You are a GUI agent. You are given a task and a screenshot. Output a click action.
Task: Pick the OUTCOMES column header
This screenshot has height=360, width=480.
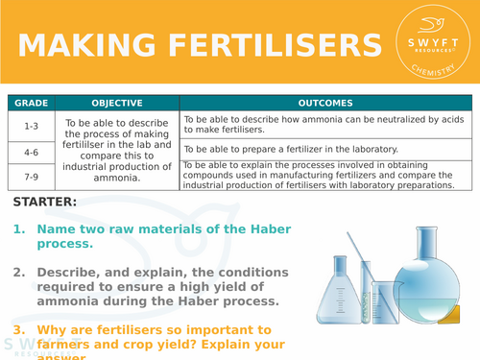pos(325,103)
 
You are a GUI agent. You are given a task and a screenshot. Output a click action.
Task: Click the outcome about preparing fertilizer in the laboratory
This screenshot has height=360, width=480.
pos(303,149)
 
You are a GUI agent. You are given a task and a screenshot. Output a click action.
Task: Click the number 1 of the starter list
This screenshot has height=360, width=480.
pos(19,229)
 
